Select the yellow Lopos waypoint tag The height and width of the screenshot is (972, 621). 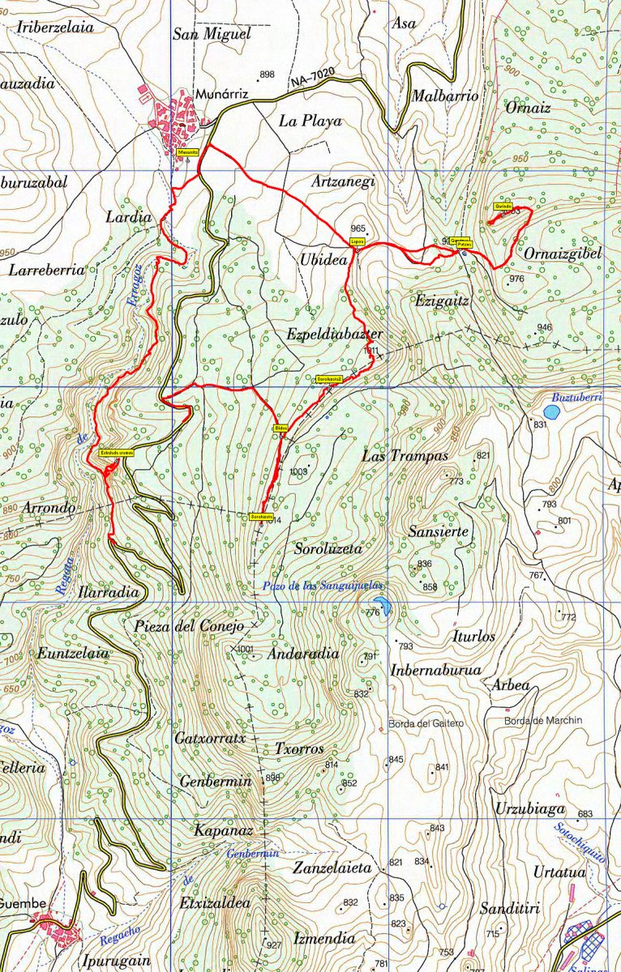coord(358,241)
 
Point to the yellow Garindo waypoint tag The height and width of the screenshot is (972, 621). coord(502,207)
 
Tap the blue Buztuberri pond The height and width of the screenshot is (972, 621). coord(551,412)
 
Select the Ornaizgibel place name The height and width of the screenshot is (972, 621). coord(563,254)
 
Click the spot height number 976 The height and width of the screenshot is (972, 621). coord(516,279)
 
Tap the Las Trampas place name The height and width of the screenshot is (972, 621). coord(405,456)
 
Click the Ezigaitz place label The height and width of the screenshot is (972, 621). coord(442,301)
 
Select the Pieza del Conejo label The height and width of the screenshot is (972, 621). coord(190,626)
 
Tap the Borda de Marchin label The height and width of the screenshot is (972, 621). coord(543,720)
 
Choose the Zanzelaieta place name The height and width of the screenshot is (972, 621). coord(332,868)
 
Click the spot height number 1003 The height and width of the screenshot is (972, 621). coord(298,471)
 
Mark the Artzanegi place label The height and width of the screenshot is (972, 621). coord(343,182)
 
